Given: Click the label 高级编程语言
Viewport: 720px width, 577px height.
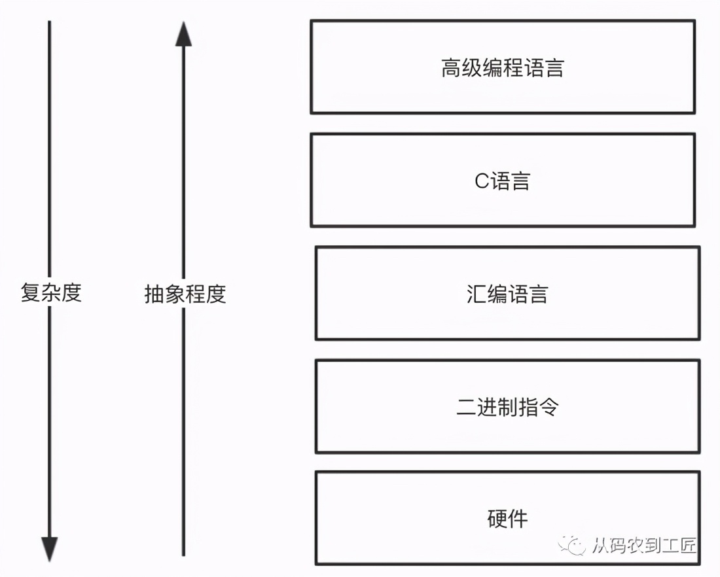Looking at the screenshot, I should point(502,68).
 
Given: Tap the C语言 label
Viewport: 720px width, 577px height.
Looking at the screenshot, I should point(502,181).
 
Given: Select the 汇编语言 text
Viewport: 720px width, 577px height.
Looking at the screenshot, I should point(507,294).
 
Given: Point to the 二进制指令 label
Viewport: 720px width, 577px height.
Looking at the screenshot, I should point(507,408).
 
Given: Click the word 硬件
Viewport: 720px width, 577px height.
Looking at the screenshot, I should point(507,519).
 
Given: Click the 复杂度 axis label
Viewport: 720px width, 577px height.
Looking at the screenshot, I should point(51,293).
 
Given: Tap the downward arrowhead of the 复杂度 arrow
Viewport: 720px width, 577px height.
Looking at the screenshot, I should point(50,548).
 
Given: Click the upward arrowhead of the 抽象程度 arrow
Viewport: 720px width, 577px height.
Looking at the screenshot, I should point(184,34).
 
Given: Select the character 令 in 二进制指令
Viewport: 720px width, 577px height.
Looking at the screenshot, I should point(549,408).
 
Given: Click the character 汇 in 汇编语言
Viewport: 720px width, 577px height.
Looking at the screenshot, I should point(477,294).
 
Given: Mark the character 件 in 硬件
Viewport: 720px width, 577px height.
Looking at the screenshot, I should point(518,519).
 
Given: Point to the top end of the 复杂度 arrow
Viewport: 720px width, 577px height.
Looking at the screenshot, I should point(50,22).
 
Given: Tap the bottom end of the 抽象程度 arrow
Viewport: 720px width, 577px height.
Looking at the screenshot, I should point(184,554).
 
